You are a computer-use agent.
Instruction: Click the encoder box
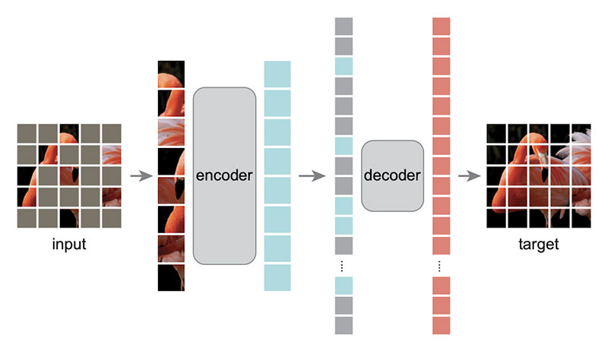click(224, 175)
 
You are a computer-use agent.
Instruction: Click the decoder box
click(392, 175)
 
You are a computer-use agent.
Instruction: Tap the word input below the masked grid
click(68, 245)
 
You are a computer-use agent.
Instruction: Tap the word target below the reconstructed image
click(540, 245)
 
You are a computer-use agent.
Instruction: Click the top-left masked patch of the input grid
click(27, 134)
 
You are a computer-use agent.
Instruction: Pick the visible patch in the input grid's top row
click(69, 134)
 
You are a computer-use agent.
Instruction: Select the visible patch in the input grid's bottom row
click(69, 218)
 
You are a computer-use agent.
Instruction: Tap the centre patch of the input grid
click(69, 175)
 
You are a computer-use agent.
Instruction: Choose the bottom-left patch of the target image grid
click(497, 218)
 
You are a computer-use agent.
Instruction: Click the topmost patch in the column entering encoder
click(171, 74)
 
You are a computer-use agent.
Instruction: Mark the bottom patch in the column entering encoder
click(171, 277)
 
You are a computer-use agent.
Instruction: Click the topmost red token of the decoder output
click(442, 27)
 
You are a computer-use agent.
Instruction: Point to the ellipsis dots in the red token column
click(442, 267)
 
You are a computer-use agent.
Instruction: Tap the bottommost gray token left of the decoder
click(344, 324)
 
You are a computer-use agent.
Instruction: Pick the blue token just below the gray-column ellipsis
click(344, 286)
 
